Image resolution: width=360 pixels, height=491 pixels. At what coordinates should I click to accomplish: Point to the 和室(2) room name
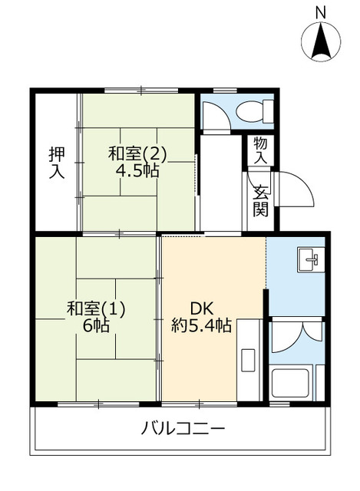(137, 154)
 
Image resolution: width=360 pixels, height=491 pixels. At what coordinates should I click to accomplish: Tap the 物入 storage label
(261, 150)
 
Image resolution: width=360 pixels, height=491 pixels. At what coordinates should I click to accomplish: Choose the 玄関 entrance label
(261, 199)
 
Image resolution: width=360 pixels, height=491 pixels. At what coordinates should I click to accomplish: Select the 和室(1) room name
(96, 308)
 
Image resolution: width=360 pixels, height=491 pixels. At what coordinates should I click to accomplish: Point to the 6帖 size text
(96, 325)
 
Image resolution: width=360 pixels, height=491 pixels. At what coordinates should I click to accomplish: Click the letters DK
(201, 308)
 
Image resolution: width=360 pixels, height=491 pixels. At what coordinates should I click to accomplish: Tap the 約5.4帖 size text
(201, 325)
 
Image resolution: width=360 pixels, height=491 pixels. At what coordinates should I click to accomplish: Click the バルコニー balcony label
(183, 428)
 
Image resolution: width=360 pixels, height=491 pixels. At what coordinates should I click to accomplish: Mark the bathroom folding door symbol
(296, 331)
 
